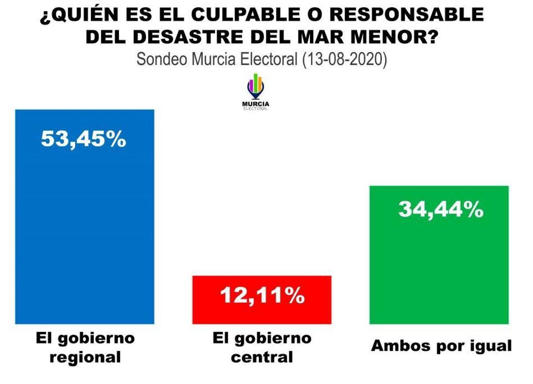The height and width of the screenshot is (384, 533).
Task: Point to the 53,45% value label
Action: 84,139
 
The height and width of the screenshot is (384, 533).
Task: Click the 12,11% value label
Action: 262,296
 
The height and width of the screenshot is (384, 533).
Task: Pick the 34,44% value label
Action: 441,209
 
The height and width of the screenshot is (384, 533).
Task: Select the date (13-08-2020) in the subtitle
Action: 344,59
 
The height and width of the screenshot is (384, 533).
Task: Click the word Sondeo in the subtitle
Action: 163,59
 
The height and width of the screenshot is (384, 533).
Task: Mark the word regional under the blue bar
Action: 85,357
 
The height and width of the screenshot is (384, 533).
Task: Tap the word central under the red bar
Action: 262,357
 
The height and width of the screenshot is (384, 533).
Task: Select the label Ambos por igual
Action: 441,346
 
